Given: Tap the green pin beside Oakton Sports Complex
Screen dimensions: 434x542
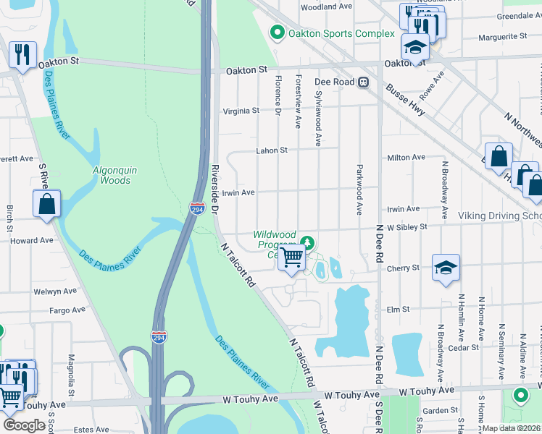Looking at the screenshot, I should (x=276, y=33).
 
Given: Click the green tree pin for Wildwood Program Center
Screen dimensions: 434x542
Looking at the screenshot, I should (x=307, y=242).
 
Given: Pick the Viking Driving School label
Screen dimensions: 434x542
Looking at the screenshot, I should (x=499, y=216).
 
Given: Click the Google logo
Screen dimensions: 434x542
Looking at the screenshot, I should (x=24, y=425).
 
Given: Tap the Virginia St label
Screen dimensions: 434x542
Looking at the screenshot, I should (x=241, y=111).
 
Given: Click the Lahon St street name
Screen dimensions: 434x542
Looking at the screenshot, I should (x=272, y=150).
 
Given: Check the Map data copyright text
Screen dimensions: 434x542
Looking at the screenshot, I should (x=512, y=428).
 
